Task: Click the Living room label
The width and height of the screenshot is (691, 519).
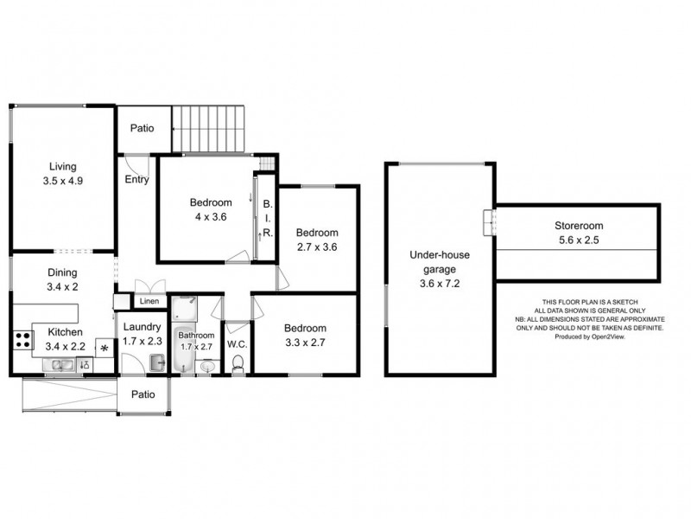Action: pos(62,166)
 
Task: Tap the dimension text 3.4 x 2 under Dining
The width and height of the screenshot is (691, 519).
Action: pos(62,286)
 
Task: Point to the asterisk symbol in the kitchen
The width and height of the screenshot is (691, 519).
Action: pos(105,349)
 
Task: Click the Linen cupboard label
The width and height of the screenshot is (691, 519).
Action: pos(148,301)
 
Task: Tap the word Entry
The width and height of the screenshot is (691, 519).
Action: pos(136,181)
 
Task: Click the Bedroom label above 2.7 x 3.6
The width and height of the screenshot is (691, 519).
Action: pos(317,232)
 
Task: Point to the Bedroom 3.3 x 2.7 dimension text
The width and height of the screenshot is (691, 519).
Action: pos(305,343)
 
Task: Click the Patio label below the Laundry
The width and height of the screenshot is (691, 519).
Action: pos(143,394)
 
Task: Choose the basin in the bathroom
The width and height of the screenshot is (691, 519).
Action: pos(207,367)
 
